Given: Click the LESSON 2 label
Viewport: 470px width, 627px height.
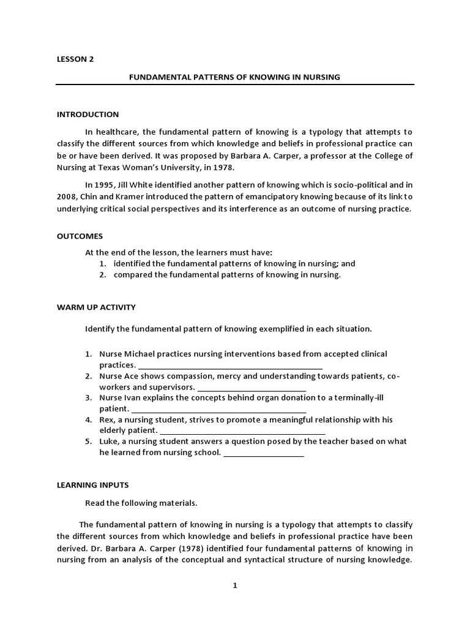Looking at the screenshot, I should tap(75, 59).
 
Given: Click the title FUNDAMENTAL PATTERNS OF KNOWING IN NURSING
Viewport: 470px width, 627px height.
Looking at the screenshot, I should tap(234, 77).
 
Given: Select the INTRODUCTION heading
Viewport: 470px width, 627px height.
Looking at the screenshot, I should tap(88, 115).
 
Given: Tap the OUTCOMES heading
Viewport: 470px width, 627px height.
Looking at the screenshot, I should tap(80, 236).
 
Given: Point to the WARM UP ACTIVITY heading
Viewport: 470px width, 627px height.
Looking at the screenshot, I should tap(96, 307).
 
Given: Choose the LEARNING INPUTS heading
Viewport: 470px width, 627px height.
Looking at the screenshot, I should tap(92, 484).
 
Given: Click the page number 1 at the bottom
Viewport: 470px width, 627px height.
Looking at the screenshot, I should tap(234, 585).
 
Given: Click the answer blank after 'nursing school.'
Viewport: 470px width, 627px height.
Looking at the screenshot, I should tap(264, 453).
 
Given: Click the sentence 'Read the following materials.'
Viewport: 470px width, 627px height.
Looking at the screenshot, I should tap(141, 503).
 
